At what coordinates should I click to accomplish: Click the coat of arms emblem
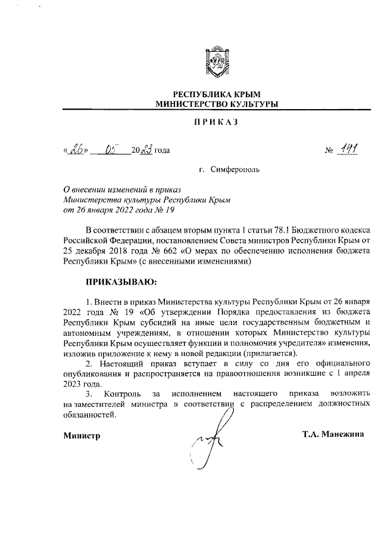(x=216, y=62)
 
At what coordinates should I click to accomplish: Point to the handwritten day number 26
(x=77, y=149)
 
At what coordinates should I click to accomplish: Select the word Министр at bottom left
(x=82, y=435)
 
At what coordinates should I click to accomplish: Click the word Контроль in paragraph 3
(x=122, y=394)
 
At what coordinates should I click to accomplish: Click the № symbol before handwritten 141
(x=329, y=150)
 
